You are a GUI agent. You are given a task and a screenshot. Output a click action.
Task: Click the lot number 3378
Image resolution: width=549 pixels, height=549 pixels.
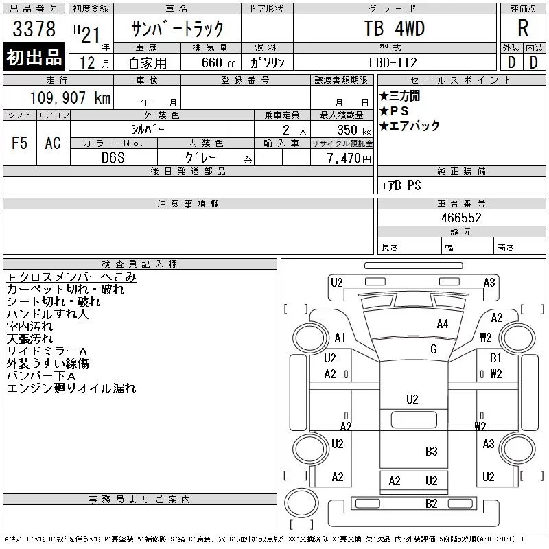pyautogui.click(x=34, y=28)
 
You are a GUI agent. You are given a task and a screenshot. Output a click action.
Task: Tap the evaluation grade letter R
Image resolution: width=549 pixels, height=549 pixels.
pyautogui.click(x=523, y=28)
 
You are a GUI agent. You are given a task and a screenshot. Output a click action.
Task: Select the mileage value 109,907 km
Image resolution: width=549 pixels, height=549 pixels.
pyautogui.click(x=70, y=97)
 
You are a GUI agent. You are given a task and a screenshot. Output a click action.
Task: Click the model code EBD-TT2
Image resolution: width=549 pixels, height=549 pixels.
pyautogui.click(x=393, y=62)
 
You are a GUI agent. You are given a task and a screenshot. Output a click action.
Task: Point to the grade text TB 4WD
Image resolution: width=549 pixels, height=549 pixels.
pyautogui.click(x=394, y=28)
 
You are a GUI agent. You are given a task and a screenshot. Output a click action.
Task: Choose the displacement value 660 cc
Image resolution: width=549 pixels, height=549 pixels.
pyautogui.click(x=218, y=62)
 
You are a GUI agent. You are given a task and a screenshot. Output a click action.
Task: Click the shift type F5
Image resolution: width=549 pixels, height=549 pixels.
pyautogui.click(x=20, y=143)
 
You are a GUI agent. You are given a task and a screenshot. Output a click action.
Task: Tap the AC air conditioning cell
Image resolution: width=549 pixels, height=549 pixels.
pyautogui.click(x=53, y=143)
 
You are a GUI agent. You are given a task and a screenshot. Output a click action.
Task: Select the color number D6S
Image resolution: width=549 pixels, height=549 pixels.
pyautogui.click(x=113, y=158)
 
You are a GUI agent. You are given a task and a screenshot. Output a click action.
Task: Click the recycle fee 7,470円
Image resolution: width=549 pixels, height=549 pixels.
pyautogui.click(x=349, y=158)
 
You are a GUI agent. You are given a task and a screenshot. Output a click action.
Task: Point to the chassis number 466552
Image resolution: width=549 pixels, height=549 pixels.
pyautogui.click(x=461, y=218)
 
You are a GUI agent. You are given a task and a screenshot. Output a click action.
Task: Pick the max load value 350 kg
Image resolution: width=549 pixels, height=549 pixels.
pyautogui.click(x=353, y=130)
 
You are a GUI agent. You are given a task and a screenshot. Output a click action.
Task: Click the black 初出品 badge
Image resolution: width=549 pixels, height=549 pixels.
pyautogui.click(x=34, y=57)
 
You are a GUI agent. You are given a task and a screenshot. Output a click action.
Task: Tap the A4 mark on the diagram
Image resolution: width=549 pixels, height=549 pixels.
pyautogui.click(x=443, y=324)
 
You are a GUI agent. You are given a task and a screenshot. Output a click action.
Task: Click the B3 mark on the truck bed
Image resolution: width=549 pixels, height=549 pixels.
pyautogui.click(x=432, y=452)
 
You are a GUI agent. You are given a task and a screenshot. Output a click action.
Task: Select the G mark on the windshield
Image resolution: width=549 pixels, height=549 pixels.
pyautogui.click(x=434, y=349)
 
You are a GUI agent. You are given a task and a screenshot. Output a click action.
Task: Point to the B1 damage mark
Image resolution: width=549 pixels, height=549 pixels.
pyautogui.click(x=495, y=358)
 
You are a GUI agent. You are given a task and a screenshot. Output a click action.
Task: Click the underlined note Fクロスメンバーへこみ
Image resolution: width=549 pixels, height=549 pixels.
pyautogui.click(x=71, y=277)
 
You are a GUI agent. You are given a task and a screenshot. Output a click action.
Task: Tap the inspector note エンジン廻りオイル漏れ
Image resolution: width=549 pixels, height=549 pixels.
pyautogui.click(x=71, y=388)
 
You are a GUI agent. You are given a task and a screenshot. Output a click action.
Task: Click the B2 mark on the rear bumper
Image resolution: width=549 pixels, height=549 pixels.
pyautogui.click(x=432, y=504)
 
